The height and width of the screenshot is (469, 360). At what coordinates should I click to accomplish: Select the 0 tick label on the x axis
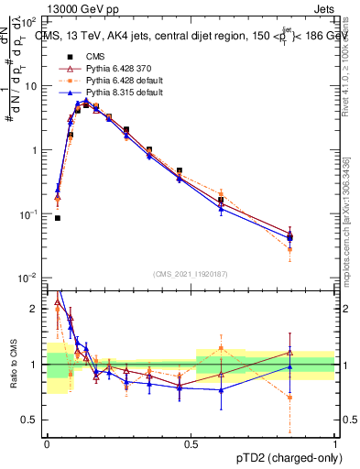[x=47, y=442]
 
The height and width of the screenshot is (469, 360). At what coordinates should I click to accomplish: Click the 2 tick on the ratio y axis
[x=37, y=309]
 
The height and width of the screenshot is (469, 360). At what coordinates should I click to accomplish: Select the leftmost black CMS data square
[x=58, y=218]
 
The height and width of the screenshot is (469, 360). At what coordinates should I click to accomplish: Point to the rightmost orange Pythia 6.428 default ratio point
[x=289, y=398]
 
